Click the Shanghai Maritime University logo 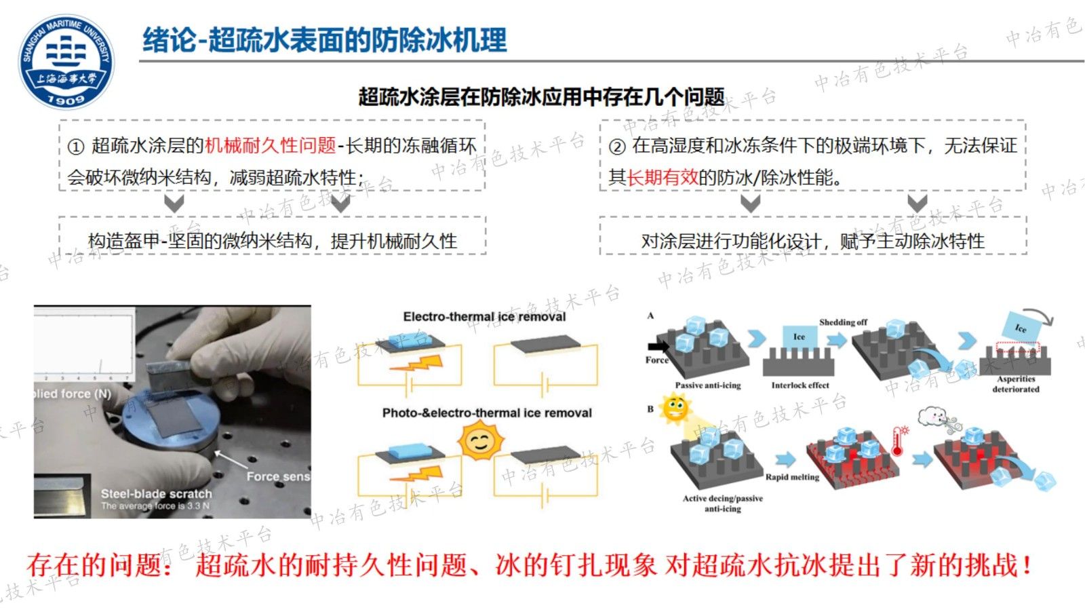coord(66,61)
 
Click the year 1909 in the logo coord(66,99)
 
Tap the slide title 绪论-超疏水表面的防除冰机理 coord(324,40)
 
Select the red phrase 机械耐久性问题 coord(270,145)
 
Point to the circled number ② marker coord(616,147)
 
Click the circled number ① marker coord(76,147)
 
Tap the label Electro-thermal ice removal coord(484,317)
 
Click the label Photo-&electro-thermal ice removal coord(487,413)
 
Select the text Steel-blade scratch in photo coord(156,493)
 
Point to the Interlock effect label coord(800,385)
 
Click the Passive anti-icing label coord(708,385)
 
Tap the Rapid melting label coord(792,477)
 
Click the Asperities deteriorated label coord(1016,384)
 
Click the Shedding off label coord(843,322)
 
